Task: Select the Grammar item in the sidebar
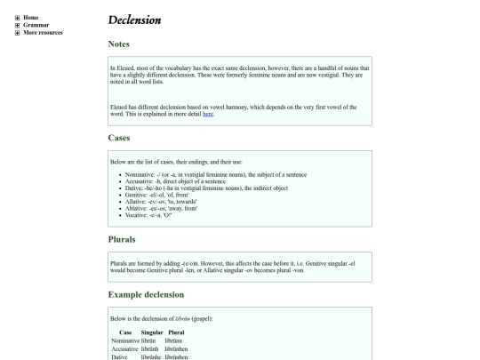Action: (x=36, y=25)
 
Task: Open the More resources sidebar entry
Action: (x=44, y=33)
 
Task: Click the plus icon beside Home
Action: (x=17, y=17)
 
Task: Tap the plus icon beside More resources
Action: (x=17, y=33)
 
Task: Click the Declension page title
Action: (x=135, y=20)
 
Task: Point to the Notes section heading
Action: (x=119, y=43)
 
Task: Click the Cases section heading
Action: (x=119, y=138)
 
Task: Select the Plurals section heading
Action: (x=123, y=239)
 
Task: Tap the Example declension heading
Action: (x=146, y=294)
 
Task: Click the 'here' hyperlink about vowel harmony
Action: (x=207, y=114)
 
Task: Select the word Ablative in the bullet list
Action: (x=139, y=207)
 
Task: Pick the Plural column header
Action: (x=176, y=332)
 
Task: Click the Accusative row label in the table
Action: (x=127, y=348)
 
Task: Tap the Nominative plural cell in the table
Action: (x=175, y=340)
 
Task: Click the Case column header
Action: (x=125, y=332)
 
